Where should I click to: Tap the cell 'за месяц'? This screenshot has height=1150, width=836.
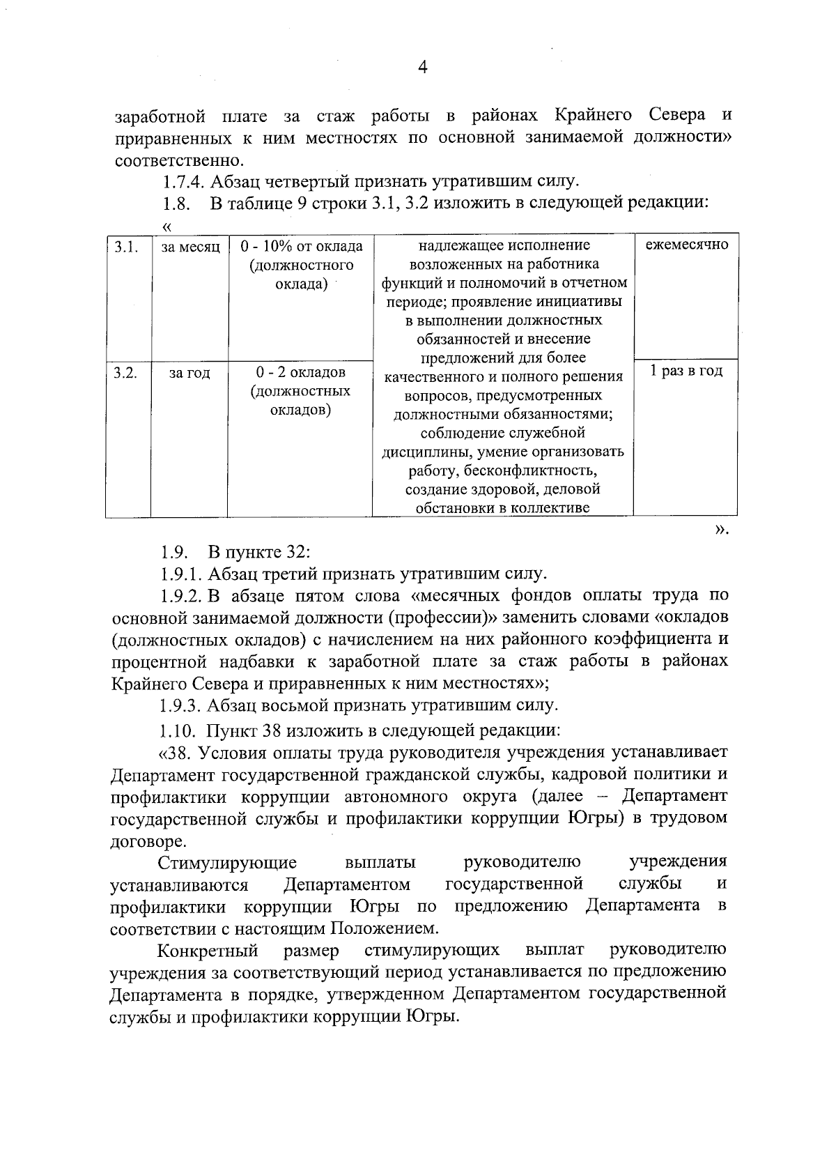(x=190, y=247)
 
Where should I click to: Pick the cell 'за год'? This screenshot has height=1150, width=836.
(x=189, y=373)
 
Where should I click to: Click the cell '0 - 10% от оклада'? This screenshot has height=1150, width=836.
(x=301, y=247)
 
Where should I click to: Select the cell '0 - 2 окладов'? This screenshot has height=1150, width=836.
(x=300, y=373)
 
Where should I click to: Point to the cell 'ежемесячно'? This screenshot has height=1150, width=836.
(x=686, y=245)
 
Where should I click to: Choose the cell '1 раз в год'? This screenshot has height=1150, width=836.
(x=686, y=371)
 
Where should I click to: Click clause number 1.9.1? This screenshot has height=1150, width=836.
(x=180, y=574)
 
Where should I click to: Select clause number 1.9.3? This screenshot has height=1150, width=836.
(x=180, y=705)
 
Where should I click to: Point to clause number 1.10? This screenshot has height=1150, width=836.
(x=178, y=731)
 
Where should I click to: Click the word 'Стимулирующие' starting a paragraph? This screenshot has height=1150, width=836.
(x=227, y=863)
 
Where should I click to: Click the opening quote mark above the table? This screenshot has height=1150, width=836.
(x=167, y=226)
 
